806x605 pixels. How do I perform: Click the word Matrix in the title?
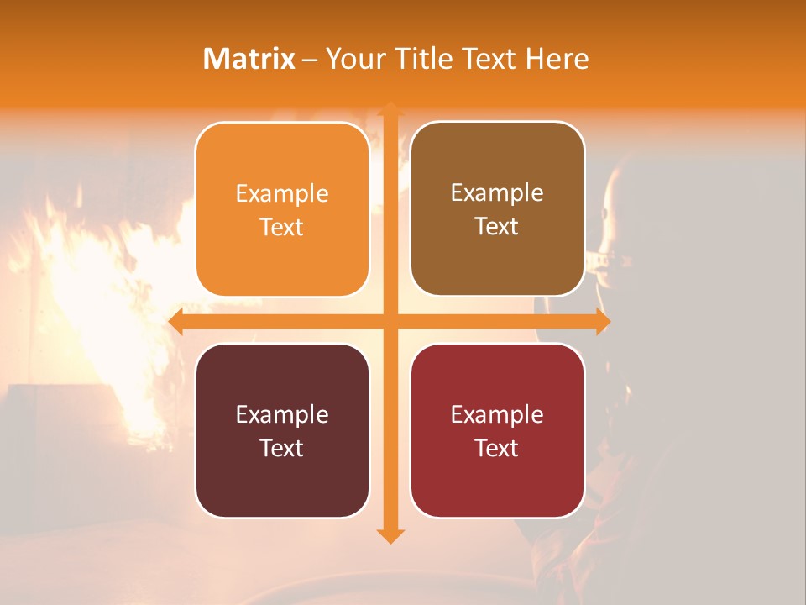coord(249,59)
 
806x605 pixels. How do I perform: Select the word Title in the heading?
coord(423,59)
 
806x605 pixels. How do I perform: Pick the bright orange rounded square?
coord(282,210)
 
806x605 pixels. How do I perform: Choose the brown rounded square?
coord(497,209)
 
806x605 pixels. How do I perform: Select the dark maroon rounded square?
coord(282,430)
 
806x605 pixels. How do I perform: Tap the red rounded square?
coord(497,430)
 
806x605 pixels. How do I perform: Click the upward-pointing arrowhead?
coord(390,108)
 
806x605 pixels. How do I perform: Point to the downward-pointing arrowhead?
coord(390,536)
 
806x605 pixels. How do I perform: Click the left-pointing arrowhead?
coord(175,322)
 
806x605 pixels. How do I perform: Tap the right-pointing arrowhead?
coord(603,322)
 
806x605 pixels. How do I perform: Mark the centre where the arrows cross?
coord(390,322)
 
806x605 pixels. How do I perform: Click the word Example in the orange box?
coord(282,193)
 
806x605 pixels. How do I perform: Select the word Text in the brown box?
coord(497,227)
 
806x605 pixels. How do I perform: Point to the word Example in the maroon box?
coord(282,414)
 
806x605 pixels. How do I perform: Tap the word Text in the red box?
coord(497,448)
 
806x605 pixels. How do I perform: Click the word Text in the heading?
coord(488,59)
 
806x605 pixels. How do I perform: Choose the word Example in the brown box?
coord(497,192)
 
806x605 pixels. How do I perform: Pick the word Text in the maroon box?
coord(282,448)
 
